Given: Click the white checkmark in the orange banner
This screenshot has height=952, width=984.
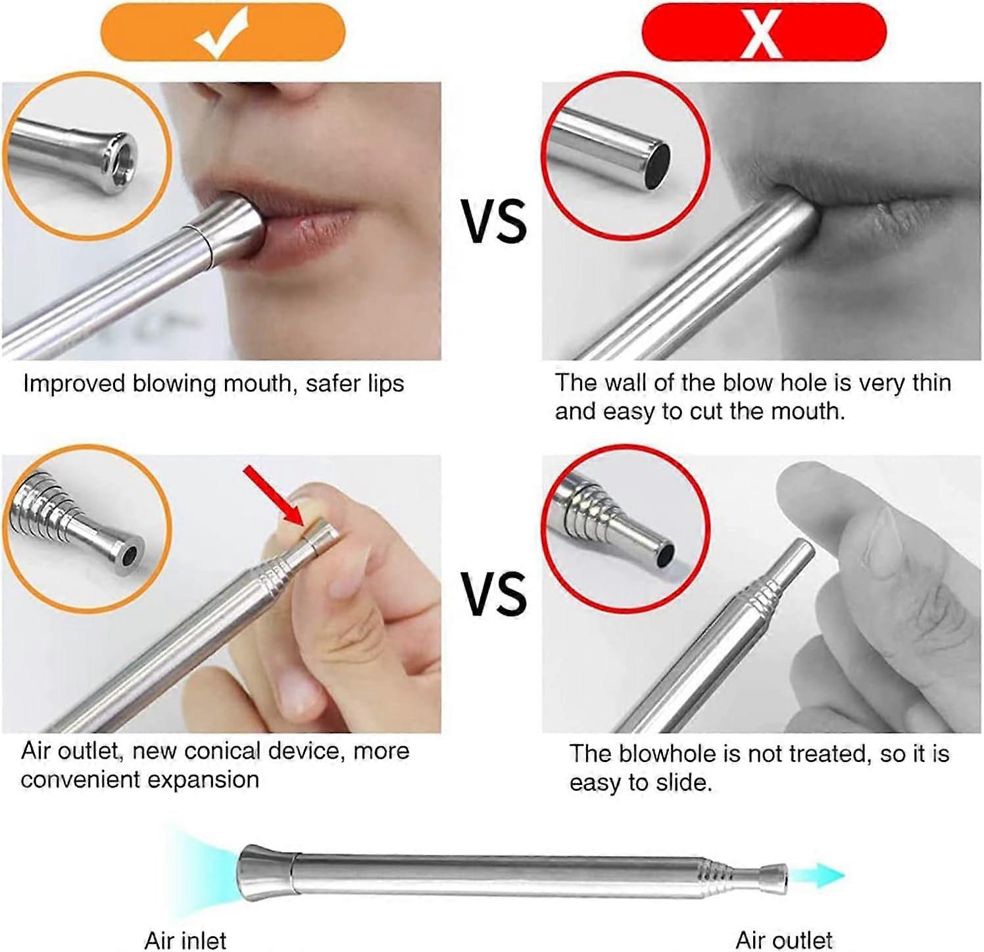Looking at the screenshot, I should coord(222,33).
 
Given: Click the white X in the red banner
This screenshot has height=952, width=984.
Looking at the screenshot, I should coord(762,33).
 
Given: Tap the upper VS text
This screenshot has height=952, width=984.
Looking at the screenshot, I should coord(493,222).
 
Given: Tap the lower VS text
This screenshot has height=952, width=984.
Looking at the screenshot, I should coord(493,594).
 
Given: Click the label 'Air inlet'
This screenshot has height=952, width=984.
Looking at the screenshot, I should coord(185,940).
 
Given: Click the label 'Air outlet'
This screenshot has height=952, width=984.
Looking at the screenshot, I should coord(784,940).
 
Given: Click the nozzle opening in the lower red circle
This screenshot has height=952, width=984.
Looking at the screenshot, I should coord(666,556).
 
